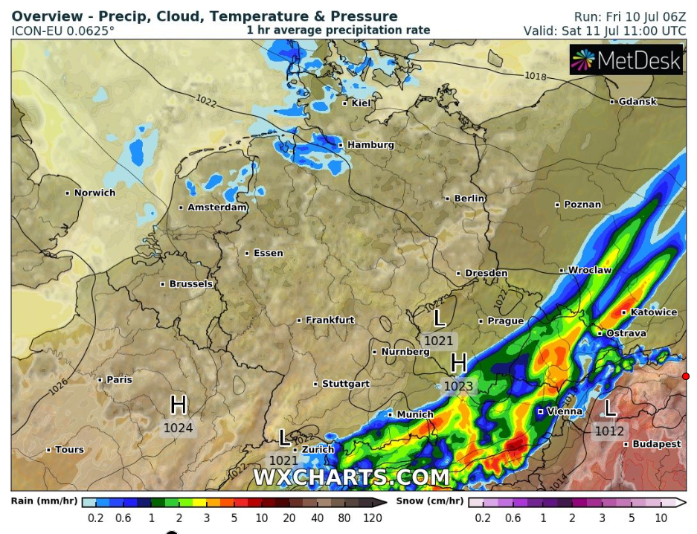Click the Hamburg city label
pyautogui.click(x=370, y=145)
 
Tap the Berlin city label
pyautogui.click(x=469, y=199)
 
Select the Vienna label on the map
pyautogui.click(x=565, y=411)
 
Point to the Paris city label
pyautogui.click(x=119, y=379)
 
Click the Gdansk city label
pyautogui.click(x=637, y=101)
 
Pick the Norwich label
pyautogui.click(x=94, y=193)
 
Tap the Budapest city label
pyautogui.click(x=656, y=444)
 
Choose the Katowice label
pyautogui.click(x=654, y=312)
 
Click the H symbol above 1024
pyautogui.click(x=179, y=405)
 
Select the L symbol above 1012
pyautogui.click(x=610, y=408)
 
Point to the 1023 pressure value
pyautogui.click(x=458, y=386)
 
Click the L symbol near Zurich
pyautogui.click(x=283, y=437)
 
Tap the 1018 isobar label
pyautogui.click(x=536, y=76)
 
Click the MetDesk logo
pyautogui.click(x=626, y=60)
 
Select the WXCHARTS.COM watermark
pyautogui.click(x=351, y=476)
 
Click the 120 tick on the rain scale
pyautogui.click(x=373, y=518)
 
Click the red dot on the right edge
pyautogui.click(x=686, y=376)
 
